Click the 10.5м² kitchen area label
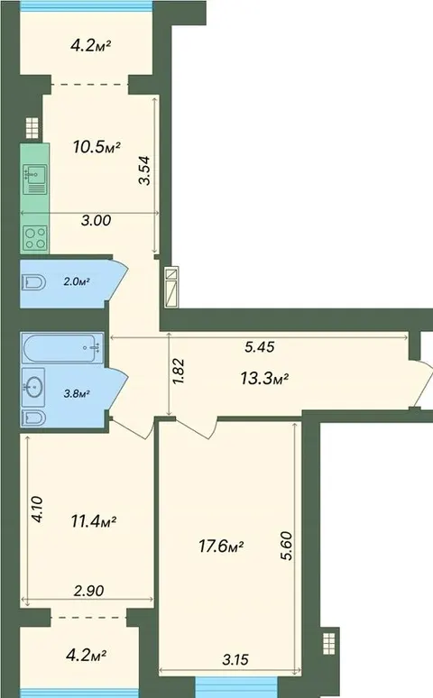[97, 146]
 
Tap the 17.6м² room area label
[221, 546]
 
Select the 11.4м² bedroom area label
[94, 520]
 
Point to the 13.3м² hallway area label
[264, 379]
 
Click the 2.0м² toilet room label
[77, 281]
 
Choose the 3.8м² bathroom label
[77, 393]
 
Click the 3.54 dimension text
[145, 170]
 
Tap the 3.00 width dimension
[97, 220]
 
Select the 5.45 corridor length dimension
[260, 347]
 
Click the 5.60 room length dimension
[288, 546]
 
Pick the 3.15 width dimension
[235, 659]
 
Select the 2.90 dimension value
[89, 591]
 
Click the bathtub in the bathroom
[62, 347]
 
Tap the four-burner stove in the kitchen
[35, 238]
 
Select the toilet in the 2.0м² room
[33, 282]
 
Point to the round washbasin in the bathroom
[33, 387]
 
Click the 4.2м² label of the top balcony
[91, 45]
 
